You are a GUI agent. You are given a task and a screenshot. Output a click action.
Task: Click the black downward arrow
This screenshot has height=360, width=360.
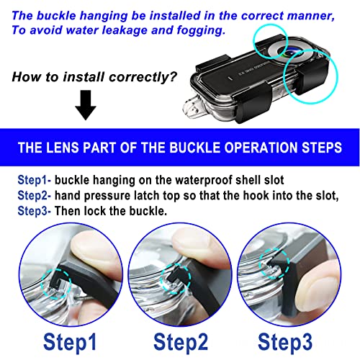point(86,105)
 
